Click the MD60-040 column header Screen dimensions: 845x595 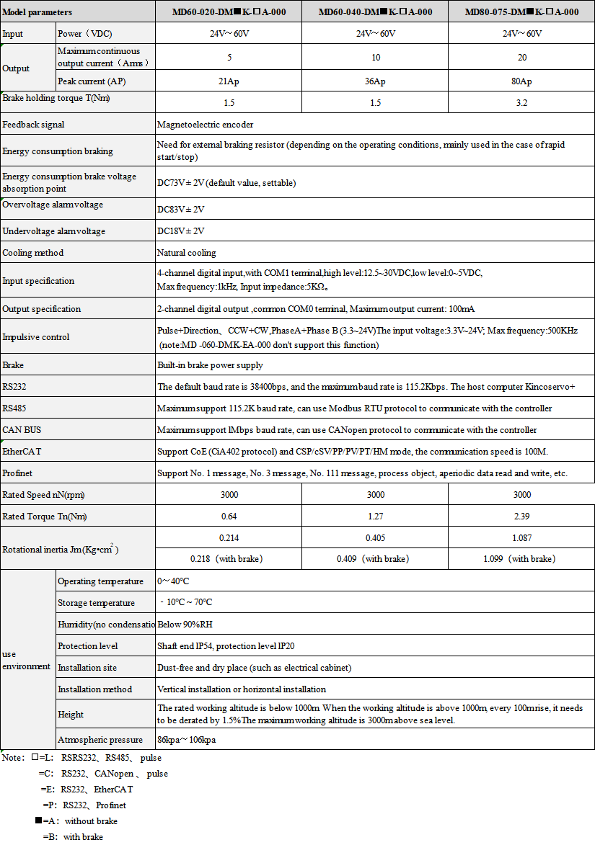(x=375, y=12)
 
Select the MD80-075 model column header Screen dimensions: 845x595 (x=521, y=12)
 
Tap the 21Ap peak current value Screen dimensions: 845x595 (x=229, y=81)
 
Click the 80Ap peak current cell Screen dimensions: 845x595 (x=521, y=81)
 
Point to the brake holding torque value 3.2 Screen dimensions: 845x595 (x=521, y=103)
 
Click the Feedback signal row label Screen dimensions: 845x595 (x=33, y=125)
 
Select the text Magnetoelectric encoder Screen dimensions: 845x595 (x=205, y=125)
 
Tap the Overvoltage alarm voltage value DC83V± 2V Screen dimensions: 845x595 (x=181, y=210)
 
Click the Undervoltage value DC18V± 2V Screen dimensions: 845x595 (x=181, y=231)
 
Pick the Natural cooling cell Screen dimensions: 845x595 (x=186, y=253)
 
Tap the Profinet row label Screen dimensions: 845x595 (x=18, y=473)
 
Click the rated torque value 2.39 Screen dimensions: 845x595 (x=521, y=517)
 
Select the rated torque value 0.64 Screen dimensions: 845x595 (x=229, y=517)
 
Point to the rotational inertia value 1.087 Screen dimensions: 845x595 (x=521, y=537)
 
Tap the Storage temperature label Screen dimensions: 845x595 (x=96, y=603)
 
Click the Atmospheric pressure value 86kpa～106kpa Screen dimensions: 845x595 (x=187, y=740)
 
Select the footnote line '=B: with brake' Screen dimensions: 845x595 (x=73, y=837)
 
